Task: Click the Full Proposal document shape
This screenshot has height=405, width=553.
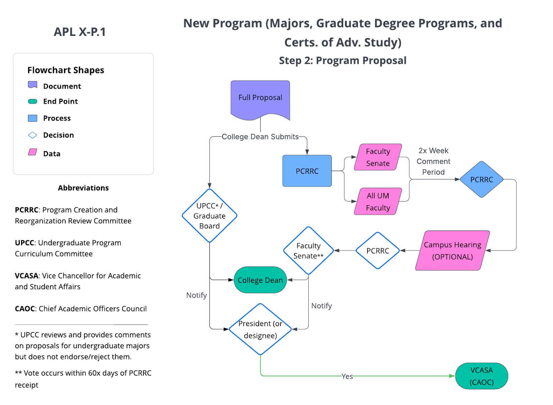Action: [260, 98]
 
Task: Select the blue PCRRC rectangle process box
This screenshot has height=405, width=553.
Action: [307, 171]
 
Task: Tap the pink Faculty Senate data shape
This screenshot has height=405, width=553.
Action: [378, 157]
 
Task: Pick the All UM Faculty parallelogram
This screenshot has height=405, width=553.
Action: [378, 201]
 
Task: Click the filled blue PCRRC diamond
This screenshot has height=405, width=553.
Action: [481, 180]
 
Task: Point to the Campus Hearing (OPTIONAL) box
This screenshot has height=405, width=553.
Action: [452, 251]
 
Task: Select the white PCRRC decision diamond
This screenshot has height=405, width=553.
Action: [378, 251]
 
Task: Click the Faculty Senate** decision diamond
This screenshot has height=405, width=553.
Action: [308, 251]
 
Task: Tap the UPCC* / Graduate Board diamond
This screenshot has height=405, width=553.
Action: [209, 216]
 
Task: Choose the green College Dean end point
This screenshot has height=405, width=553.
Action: [260, 280]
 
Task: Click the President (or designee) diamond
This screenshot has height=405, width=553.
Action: [260, 329]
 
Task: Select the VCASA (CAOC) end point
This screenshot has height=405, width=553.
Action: [481, 376]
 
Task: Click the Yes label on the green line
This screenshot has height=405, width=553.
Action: [347, 376]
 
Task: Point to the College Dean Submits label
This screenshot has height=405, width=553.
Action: [260, 137]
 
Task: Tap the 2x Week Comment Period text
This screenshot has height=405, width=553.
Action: [433, 161]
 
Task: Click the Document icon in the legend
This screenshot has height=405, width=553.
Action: [32, 85]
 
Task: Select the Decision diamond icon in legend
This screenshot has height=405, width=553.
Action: [32, 135]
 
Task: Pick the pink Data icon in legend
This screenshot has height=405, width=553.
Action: [32, 152]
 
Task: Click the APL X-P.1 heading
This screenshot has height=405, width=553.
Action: [79, 32]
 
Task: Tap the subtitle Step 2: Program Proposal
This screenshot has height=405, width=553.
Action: [343, 60]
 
